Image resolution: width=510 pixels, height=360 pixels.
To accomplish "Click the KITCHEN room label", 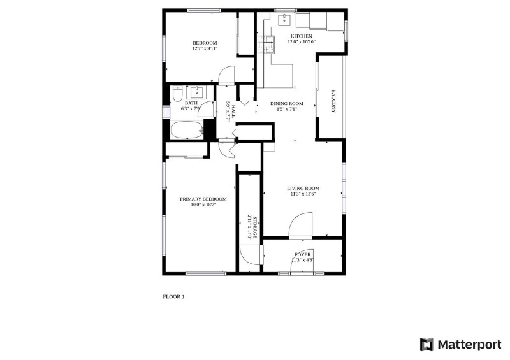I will [302, 36].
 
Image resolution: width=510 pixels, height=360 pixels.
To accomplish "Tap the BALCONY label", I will [333, 101].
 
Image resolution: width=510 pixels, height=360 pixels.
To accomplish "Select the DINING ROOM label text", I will [286, 103].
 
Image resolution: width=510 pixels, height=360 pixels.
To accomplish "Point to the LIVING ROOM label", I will [303, 188].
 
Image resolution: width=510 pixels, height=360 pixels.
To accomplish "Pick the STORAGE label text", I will [254, 227].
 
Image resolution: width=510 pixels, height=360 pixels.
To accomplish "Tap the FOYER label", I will [303, 254].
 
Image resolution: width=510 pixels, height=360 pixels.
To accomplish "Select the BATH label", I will [191, 103].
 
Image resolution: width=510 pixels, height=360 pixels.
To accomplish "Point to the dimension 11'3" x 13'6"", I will [303, 194].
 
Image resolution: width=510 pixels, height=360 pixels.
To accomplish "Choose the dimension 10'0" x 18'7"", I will [202, 205].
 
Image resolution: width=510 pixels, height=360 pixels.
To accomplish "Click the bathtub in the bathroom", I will [187, 130].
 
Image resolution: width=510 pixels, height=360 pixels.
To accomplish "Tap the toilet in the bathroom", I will [177, 95].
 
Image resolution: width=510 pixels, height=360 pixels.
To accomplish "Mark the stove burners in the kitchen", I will [269, 43].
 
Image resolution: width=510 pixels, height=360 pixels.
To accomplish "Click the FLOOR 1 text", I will [173, 296].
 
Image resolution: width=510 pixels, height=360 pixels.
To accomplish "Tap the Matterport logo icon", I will [426, 344].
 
